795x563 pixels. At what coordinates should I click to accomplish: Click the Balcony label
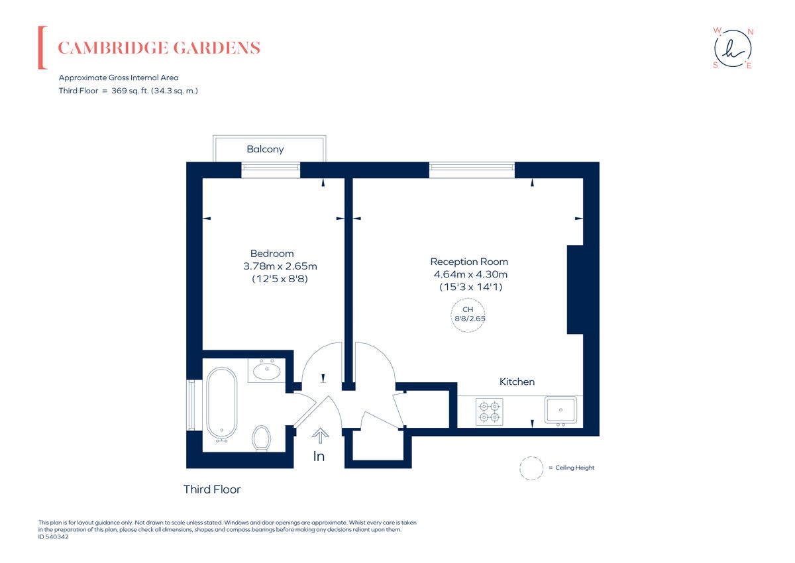(265, 149)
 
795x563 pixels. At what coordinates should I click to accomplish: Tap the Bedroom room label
(272, 253)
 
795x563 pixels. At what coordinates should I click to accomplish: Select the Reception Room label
(469, 262)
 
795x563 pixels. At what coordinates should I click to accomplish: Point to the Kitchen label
(517, 382)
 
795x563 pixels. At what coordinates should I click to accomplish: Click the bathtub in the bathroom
(222, 405)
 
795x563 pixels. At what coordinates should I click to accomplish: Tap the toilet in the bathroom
(262, 438)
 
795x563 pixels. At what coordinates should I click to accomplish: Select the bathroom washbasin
(266, 371)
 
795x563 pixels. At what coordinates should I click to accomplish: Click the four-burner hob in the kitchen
(490, 412)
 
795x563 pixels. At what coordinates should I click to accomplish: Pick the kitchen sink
(560, 410)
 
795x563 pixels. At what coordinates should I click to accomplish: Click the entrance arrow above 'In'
(320, 436)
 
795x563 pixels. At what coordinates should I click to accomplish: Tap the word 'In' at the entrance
(319, 456)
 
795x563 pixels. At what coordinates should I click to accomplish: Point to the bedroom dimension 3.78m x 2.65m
(280, 266)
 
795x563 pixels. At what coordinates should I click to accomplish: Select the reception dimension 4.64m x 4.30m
(470, 274)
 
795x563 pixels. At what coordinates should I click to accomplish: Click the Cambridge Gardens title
(159, 48)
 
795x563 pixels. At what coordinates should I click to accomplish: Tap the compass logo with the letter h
(733, 48)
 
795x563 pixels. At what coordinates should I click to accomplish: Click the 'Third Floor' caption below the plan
(212, 489)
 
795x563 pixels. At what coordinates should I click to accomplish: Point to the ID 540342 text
(53, 537)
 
